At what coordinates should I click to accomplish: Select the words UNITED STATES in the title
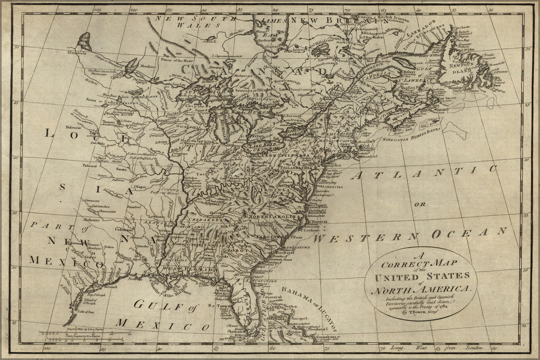(432, 277)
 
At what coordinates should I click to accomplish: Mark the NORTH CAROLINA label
(274, 217)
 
